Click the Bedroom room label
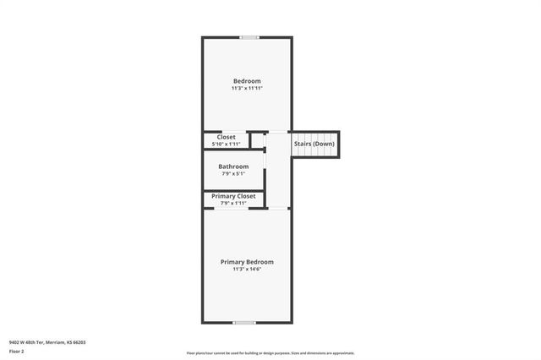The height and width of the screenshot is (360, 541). point(247,81)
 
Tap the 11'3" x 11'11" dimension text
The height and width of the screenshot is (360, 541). point(247,89)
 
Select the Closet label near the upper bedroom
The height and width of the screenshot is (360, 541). point(226,137)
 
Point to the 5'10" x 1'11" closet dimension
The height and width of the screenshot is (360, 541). point(226,145)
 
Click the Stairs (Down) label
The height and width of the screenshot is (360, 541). point(314,144)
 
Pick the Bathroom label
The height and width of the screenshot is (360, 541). point(233,166)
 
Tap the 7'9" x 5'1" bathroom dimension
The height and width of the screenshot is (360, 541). point(233,174)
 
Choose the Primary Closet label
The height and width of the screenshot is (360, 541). point(233,196)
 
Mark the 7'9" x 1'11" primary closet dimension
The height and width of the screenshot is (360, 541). point(233,204)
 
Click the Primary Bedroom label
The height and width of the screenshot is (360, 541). point(247,262)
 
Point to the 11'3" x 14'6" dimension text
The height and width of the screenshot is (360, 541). point(247,270)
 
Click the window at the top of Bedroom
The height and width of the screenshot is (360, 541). point(249,37)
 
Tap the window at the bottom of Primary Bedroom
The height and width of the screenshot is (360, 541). point(245,322)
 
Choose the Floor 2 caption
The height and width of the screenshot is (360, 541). point(17,351)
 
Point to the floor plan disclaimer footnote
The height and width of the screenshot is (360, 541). point(270,353)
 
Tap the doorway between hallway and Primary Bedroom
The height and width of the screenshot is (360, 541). point(278,208)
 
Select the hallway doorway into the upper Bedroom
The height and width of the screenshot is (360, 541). point(278,131)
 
